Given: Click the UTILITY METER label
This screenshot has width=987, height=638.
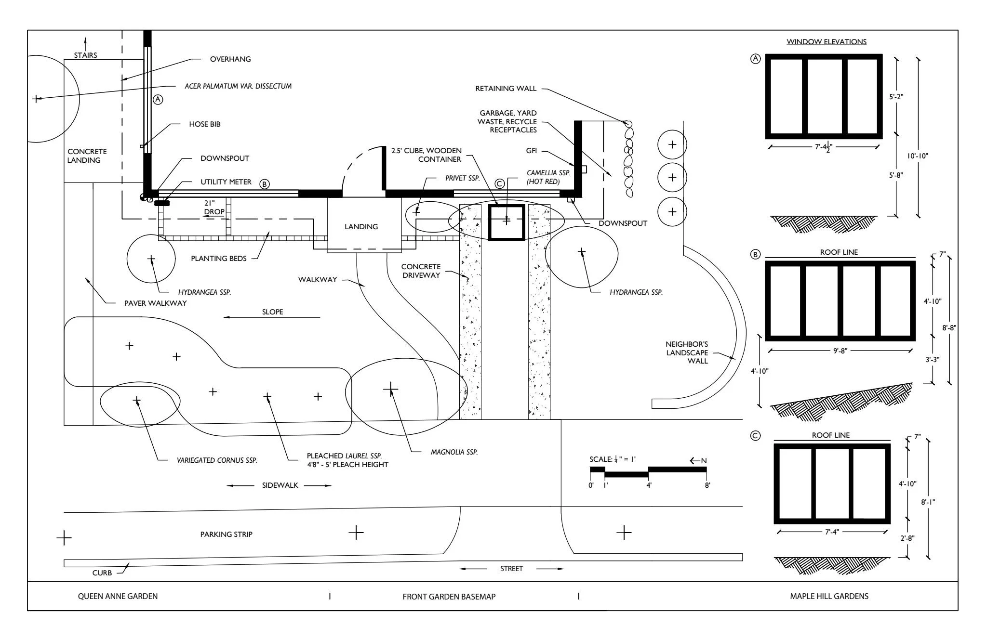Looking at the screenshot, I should [226, 182].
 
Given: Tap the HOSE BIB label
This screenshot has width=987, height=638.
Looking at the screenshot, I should [204, 124].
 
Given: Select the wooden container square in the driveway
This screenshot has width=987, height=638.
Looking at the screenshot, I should [506, 222].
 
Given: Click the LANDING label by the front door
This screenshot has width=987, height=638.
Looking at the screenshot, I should [361, 227].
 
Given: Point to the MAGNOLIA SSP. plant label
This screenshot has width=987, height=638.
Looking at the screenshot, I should [454, 452].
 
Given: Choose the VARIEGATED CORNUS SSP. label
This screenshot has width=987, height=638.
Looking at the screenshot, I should [217, 460].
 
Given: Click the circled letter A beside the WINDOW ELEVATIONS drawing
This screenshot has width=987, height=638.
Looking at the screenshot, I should [755, 59].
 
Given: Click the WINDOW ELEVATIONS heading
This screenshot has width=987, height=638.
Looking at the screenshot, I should [827, 41].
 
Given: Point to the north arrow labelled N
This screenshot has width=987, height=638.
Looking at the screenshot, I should [698, 461].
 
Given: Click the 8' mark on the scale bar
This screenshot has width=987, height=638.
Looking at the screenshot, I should [707, 485].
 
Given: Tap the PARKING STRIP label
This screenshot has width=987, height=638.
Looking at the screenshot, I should [226, 534].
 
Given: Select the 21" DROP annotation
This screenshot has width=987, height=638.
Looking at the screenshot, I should [213, 208].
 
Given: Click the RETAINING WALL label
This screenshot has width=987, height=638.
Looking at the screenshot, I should [506, 89].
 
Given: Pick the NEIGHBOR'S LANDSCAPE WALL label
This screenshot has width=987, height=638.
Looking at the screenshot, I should [687, 352].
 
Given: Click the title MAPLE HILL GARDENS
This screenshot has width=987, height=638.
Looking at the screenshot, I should [829, 596].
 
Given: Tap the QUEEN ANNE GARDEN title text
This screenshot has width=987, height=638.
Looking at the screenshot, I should [118, 596].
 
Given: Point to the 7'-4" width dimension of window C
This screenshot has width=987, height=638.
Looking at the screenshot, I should [832, 532].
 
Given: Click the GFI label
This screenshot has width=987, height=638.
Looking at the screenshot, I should [531, 151].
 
